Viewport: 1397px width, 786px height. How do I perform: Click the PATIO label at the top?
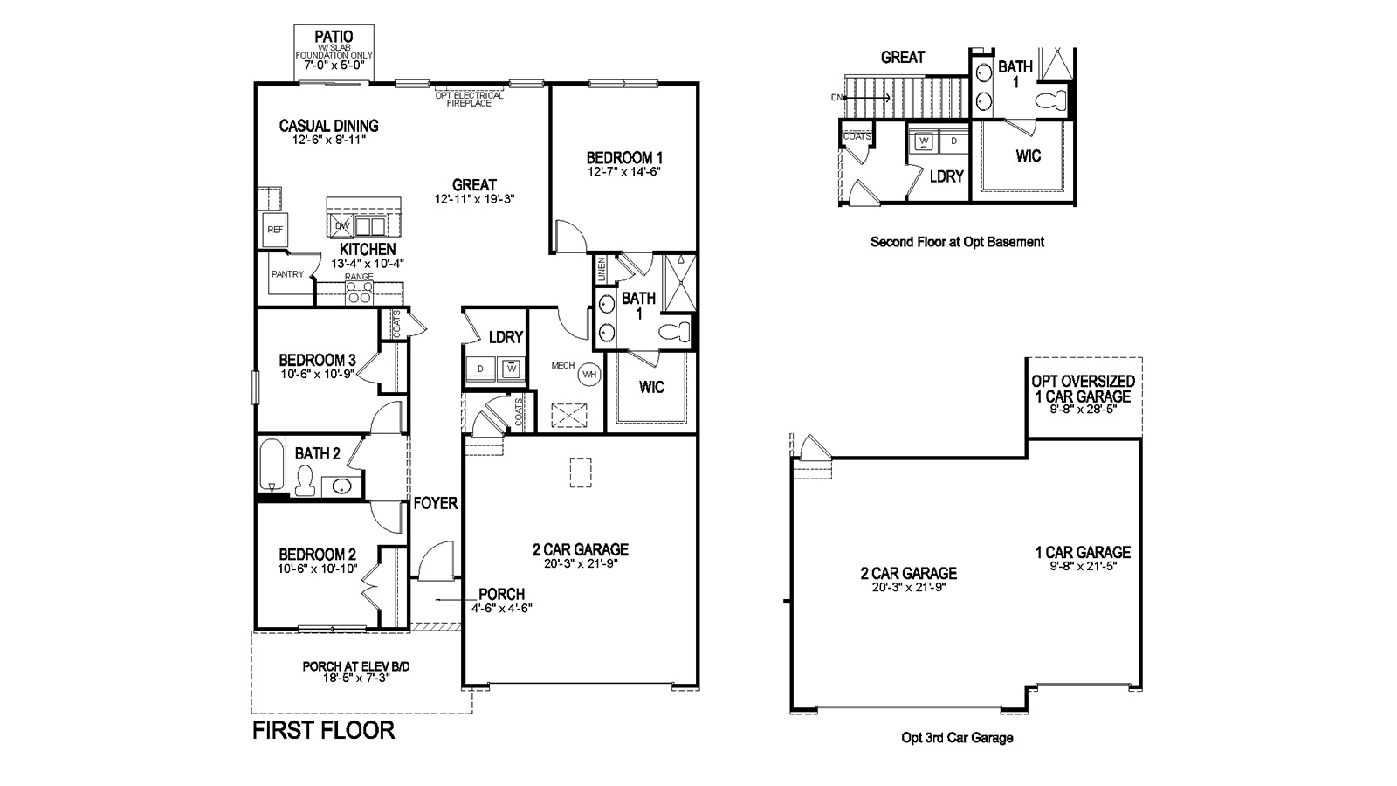pyautogui.click(x=334, y=36)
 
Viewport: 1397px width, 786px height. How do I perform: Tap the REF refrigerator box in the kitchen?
pyautogui.click(x=275, y=230)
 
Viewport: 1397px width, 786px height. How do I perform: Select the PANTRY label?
pyautogui.click(x=287, y=274)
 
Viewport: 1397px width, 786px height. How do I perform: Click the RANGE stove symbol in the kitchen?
pyautogui.click(x=359, y=294)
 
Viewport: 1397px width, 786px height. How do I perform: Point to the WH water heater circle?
pyautogui.click(x=590, y=374)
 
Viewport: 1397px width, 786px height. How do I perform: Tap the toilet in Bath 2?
pyautogui.click(x=305, y=479)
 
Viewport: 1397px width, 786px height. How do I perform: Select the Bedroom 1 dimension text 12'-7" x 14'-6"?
pyautogui.click(x=623, y=172)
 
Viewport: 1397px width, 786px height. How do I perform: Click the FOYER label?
pyautogui.click(x=435, y=503)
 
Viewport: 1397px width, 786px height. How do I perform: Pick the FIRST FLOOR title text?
pyautogui.click(x=323, y=730)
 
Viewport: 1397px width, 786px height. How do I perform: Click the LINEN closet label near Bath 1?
pyautogui.click(x=602, y=269)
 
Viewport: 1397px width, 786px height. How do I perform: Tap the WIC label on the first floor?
pyautogui.click(x=652, y=386)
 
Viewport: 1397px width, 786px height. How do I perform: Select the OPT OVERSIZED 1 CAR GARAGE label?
pyautogui.click(x=1083, y=389)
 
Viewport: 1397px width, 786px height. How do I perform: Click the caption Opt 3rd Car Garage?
pyautogui.click(x=957, y=738)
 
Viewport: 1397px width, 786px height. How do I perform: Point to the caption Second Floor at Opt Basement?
pyautogui.click(x=957, y=242)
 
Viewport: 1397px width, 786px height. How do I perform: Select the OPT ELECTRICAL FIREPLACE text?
pyautogui.click(x=469, y=99)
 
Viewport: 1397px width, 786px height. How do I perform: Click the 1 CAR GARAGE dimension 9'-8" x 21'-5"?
pyautogui.click(x=1083, y=566)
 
